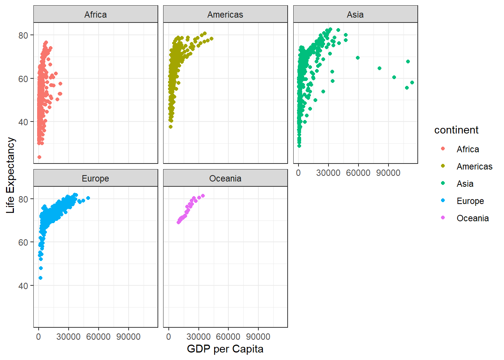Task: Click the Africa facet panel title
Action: pyautogui.click(x=95, y=15)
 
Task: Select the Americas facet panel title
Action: pyautogui.click(x=225, y=15)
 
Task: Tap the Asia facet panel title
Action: pyautogui.click(x=355, y=15)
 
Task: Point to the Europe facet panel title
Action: pyautogui.click(x=95, y=178)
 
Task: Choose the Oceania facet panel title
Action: pyautogui.click(x=225, y=178)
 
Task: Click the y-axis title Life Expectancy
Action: pyautogui.click(x=10, y=175)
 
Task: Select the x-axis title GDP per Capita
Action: pyautogui.click(x=225, y=349)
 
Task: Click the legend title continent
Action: pyautogui.click(x=456, y=130)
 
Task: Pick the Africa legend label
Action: pyautogui.click(x=468, y=149)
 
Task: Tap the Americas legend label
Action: pyautogui.click(x=474, y=166)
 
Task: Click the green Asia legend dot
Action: pyautogui.click(x=443, y=183)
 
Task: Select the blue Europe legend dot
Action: pyautogui.click(x=443, y=201)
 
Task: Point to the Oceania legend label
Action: pyautogui.click(x=472, y=218)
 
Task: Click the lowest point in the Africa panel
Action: pyautogui.click(x=39, y=157)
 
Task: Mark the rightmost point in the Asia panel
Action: pyautogui.click(x=412, y=82)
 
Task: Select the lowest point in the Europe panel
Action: pyautogui.click(x=40, y=278)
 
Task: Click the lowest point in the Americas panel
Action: pyautogui.click(x=171, y=127)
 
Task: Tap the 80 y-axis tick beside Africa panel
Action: pyautogui.click(x=23, y=35)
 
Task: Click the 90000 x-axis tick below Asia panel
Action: pyautogui.click(x=388, y=173)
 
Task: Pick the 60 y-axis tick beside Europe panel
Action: pyautogui.click(x=23, y=242)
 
